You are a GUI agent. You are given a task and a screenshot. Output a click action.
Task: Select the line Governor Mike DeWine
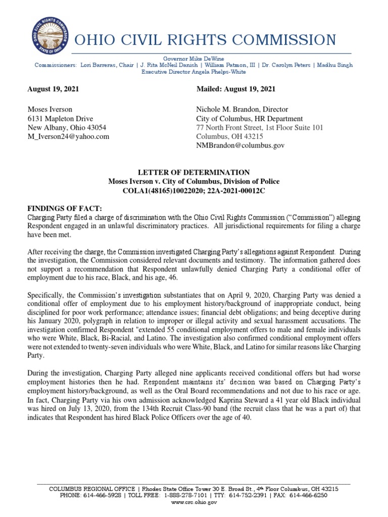pos(193,59)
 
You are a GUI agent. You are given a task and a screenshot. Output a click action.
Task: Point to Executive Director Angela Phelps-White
pos(193,72)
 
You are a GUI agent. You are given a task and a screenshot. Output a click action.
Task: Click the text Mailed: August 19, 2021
pos(235,89)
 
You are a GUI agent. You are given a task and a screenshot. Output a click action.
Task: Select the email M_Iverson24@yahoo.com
pos(68,136)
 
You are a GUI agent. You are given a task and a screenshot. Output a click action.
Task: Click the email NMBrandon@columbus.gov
pos(240,145)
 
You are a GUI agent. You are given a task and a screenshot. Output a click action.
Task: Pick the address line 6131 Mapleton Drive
pos(60,118)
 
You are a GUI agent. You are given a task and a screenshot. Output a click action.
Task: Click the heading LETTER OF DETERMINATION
pos(194,173)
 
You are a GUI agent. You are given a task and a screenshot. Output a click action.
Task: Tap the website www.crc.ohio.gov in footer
pos(194,503)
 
